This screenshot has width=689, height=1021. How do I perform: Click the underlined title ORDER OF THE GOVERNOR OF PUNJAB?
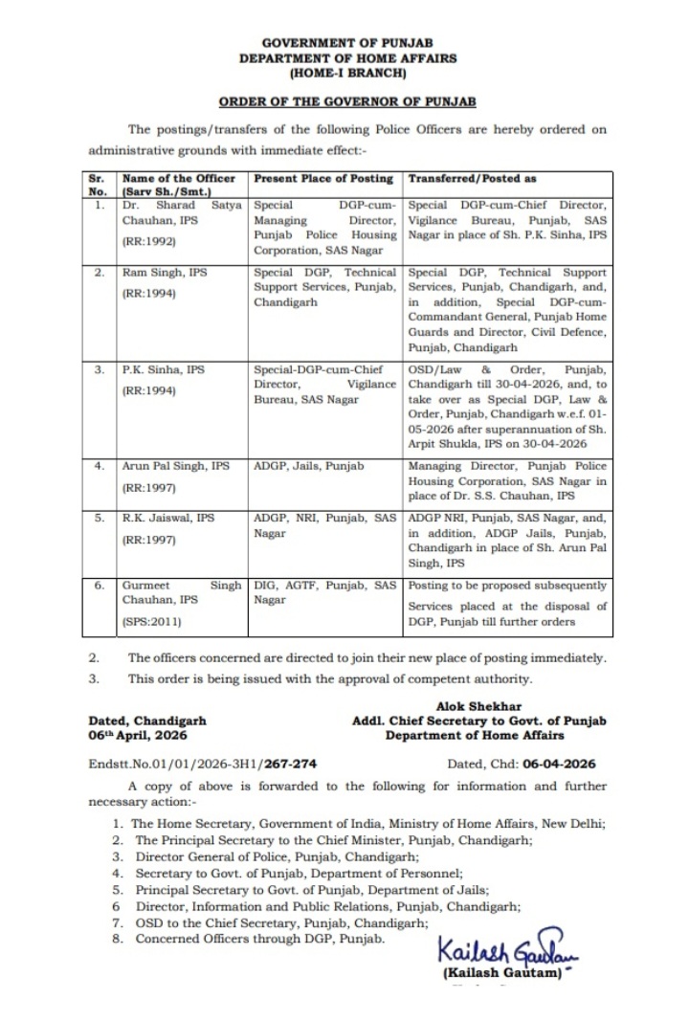(347, 100)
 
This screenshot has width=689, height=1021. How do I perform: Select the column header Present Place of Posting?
(322, 178)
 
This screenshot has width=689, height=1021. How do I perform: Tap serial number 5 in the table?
(97, 518)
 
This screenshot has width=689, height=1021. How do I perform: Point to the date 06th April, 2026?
(138, 736)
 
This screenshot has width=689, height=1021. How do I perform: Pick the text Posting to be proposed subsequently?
(507, 585)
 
